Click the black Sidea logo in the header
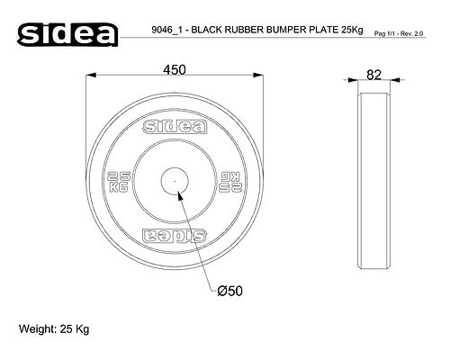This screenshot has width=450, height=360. coord(67,34)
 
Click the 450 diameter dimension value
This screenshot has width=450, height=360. coord(175,70)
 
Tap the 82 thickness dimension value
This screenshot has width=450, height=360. coord(373,75)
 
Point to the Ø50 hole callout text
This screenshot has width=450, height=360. coord(229,291)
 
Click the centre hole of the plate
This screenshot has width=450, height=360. coord(175,181)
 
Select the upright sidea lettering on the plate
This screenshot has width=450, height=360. coord(175,127)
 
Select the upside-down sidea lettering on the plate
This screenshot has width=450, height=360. coord(175,236)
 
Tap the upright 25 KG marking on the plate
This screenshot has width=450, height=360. coord(119,182)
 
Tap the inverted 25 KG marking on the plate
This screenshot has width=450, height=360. coord(230,182)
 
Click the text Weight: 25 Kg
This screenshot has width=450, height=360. coord(54,329)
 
